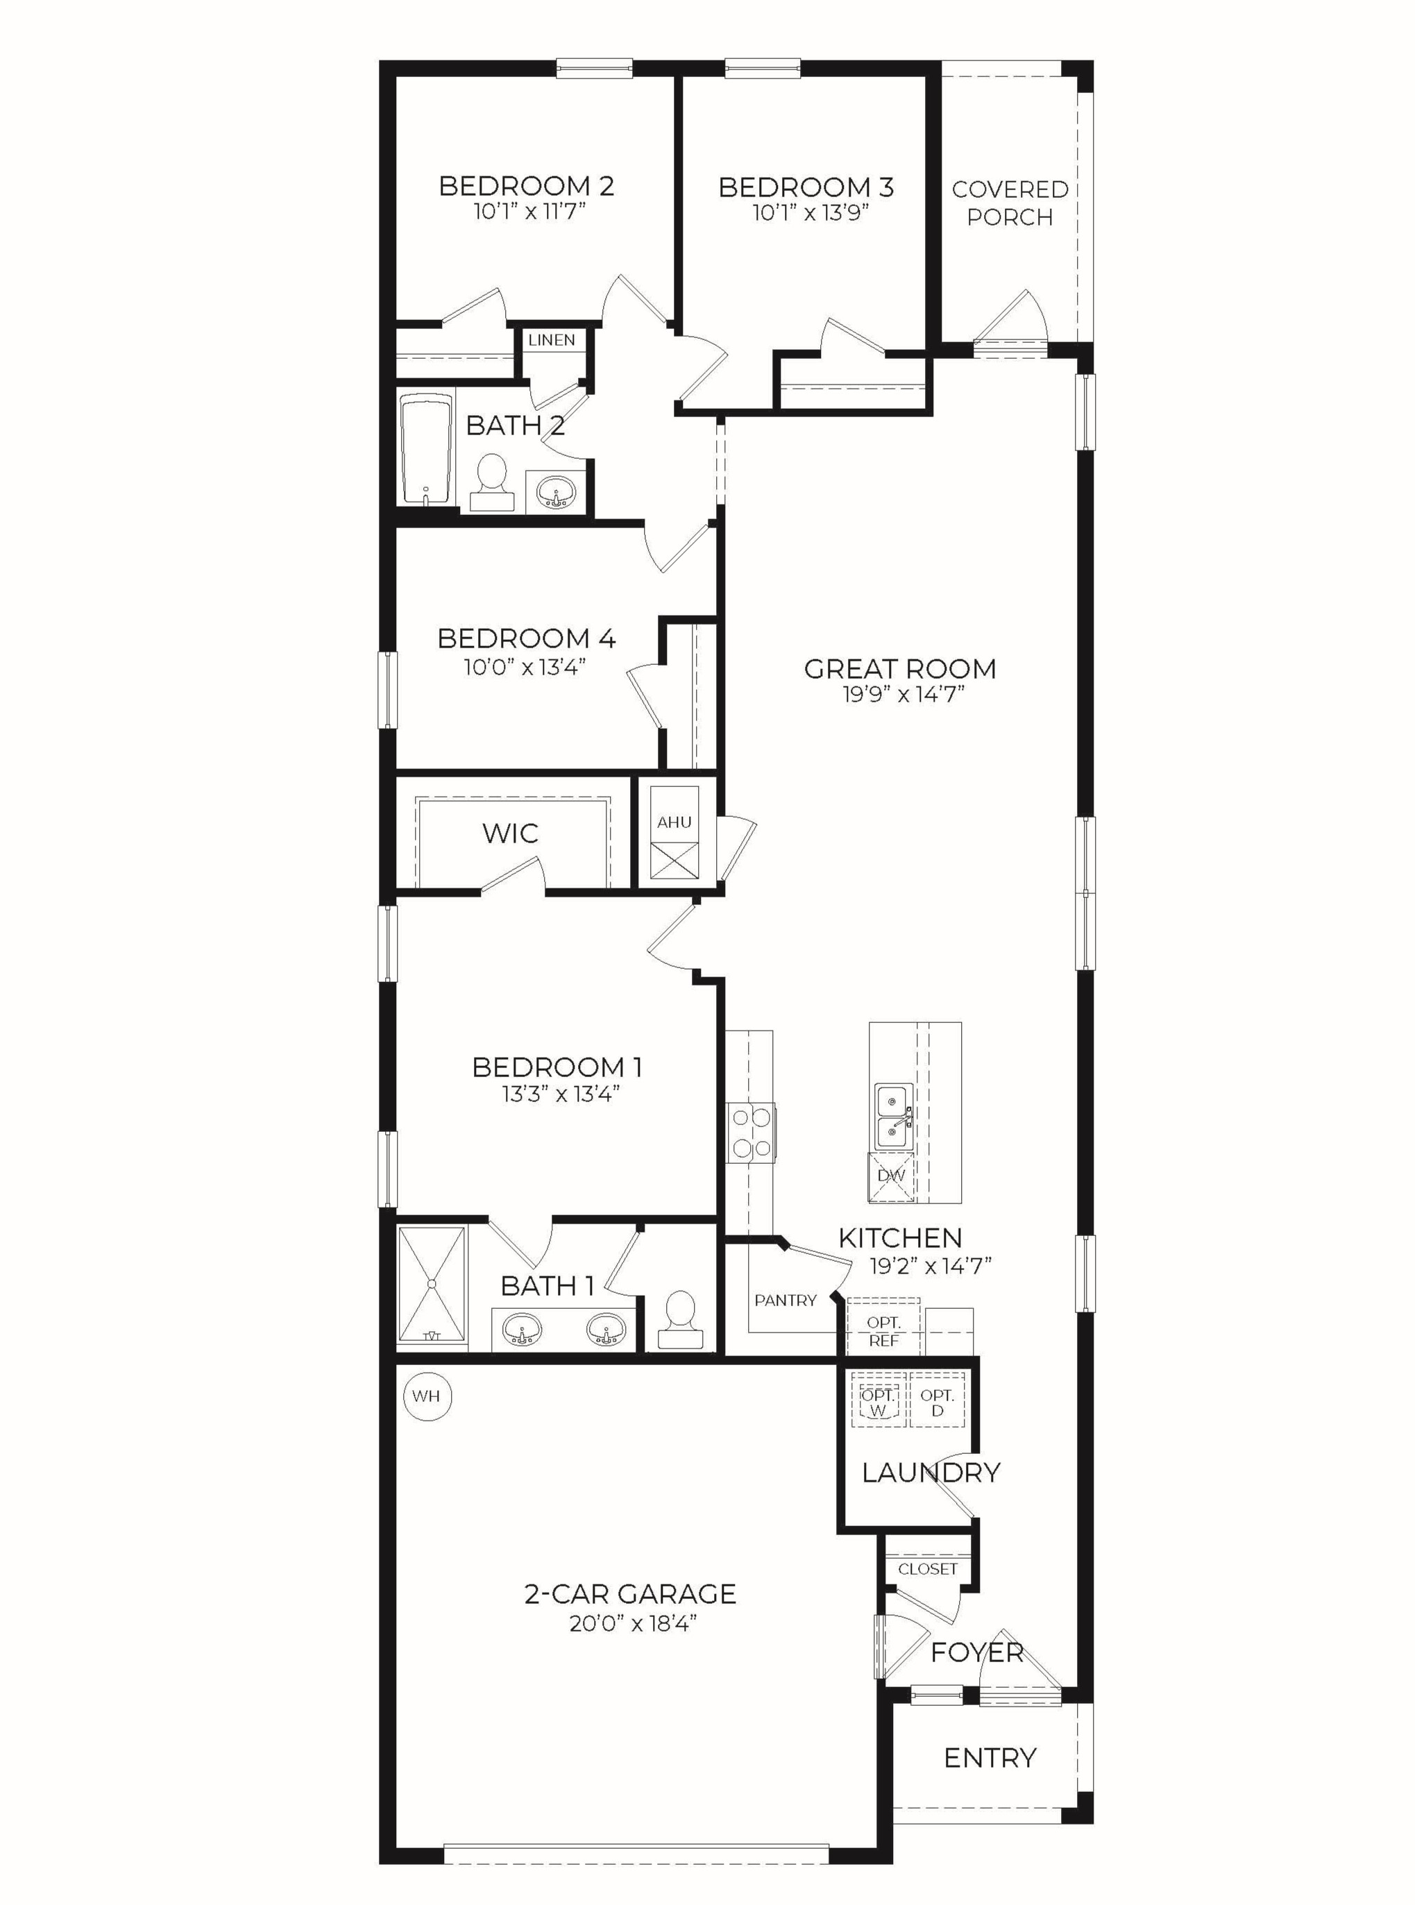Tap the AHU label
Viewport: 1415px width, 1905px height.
[674, 822]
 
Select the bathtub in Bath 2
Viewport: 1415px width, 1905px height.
[427, 450]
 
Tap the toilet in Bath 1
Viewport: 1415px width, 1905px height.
[681, 1320]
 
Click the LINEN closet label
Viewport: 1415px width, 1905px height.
[552, 340]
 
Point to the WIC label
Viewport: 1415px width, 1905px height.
[511, 833]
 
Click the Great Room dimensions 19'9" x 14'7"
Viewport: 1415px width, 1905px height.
[903, 694]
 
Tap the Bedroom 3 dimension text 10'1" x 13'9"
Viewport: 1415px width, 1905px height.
[811, 212]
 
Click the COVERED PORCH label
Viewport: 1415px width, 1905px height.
[1010, 203]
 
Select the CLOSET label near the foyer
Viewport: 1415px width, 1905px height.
[928, 1569]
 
